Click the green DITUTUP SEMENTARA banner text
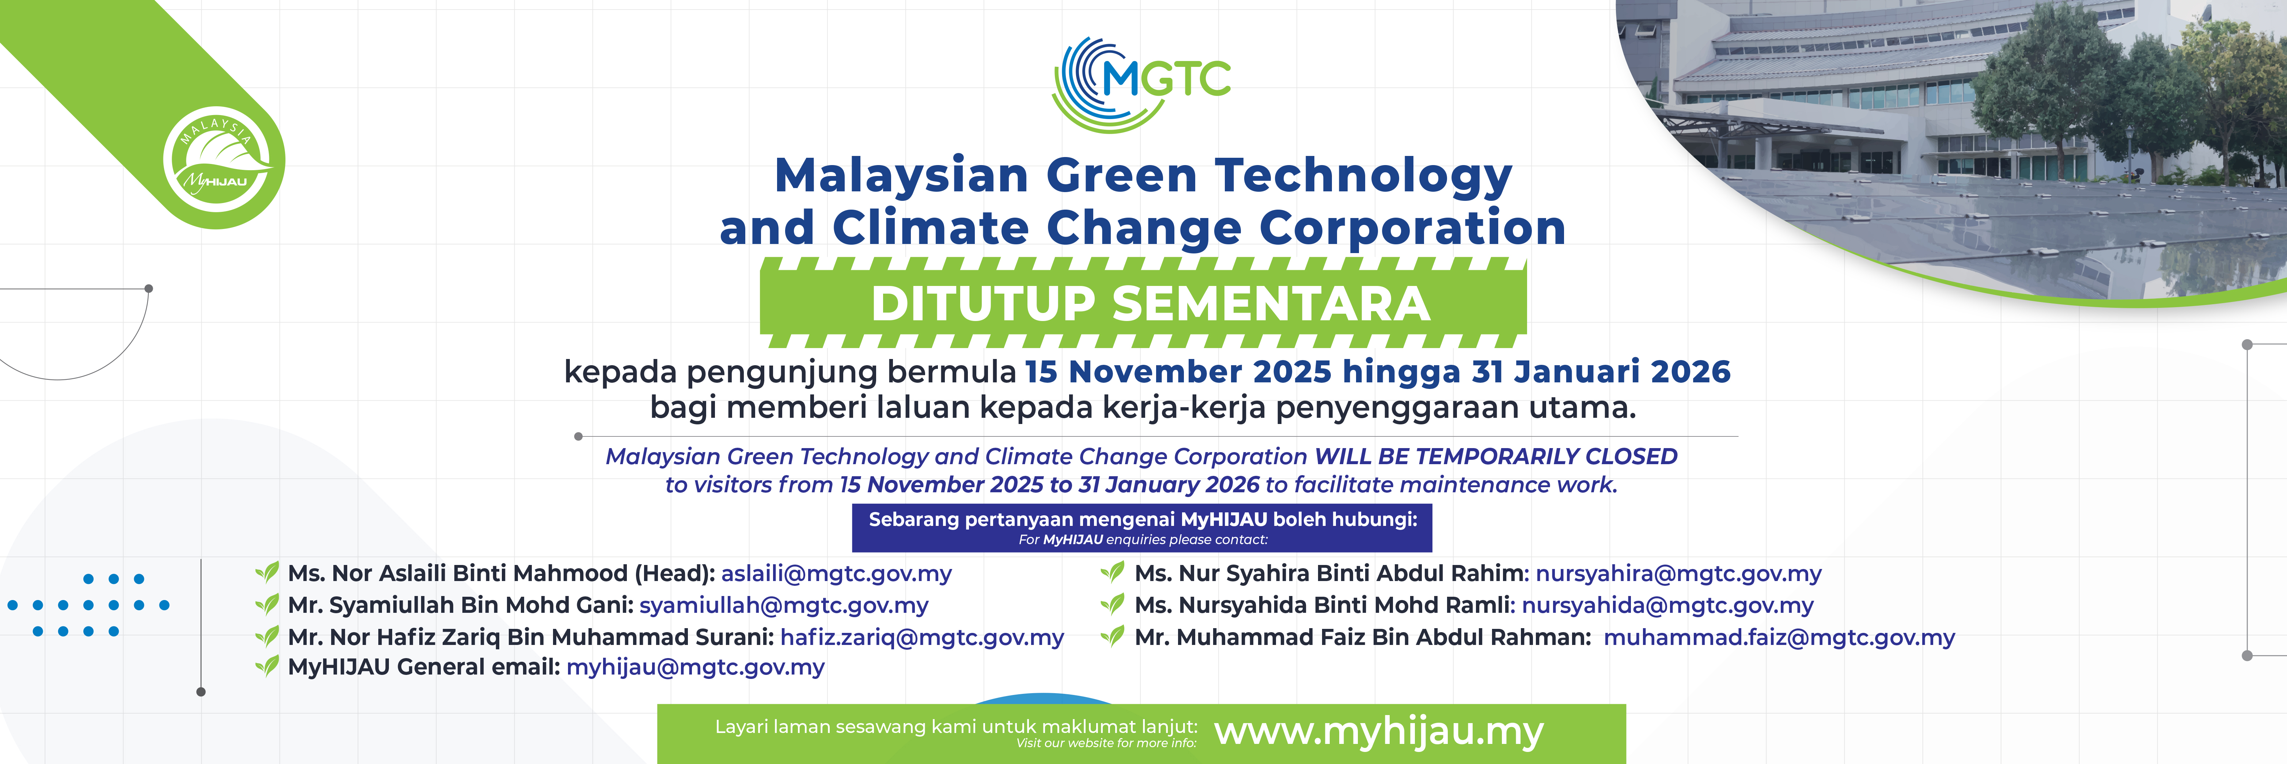[1151, 303]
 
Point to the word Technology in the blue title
[1364, 177]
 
